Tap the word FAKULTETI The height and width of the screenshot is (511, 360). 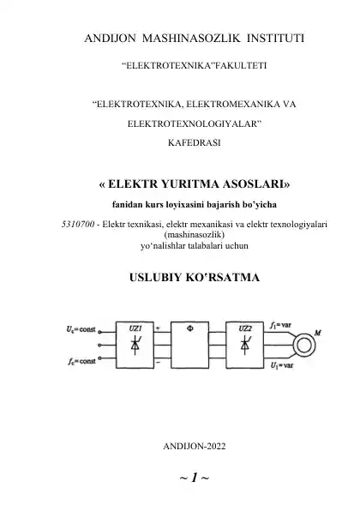point(239,65)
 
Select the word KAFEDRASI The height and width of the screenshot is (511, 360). point(195,142)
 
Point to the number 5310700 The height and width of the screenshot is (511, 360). point(78,225)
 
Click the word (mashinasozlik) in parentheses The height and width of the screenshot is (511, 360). point(195,234)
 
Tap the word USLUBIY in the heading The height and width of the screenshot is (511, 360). point(155,277)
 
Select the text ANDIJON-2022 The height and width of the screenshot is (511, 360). point(195,446)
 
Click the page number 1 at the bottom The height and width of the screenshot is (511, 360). point(195,478)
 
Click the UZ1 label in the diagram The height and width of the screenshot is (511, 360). point(135,328)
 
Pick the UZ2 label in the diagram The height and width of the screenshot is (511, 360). point(245,328)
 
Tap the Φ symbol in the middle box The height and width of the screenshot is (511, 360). point(190,328)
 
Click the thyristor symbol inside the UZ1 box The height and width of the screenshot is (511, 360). point(135,345)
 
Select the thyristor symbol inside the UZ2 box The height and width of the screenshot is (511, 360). point(245,345)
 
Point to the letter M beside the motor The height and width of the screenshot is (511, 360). point(318,333)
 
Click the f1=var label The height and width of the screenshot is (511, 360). point(280,325)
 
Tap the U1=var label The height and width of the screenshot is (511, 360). point(282,365)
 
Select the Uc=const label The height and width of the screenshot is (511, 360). point(81,329)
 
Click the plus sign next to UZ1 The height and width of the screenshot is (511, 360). point(158,328)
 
